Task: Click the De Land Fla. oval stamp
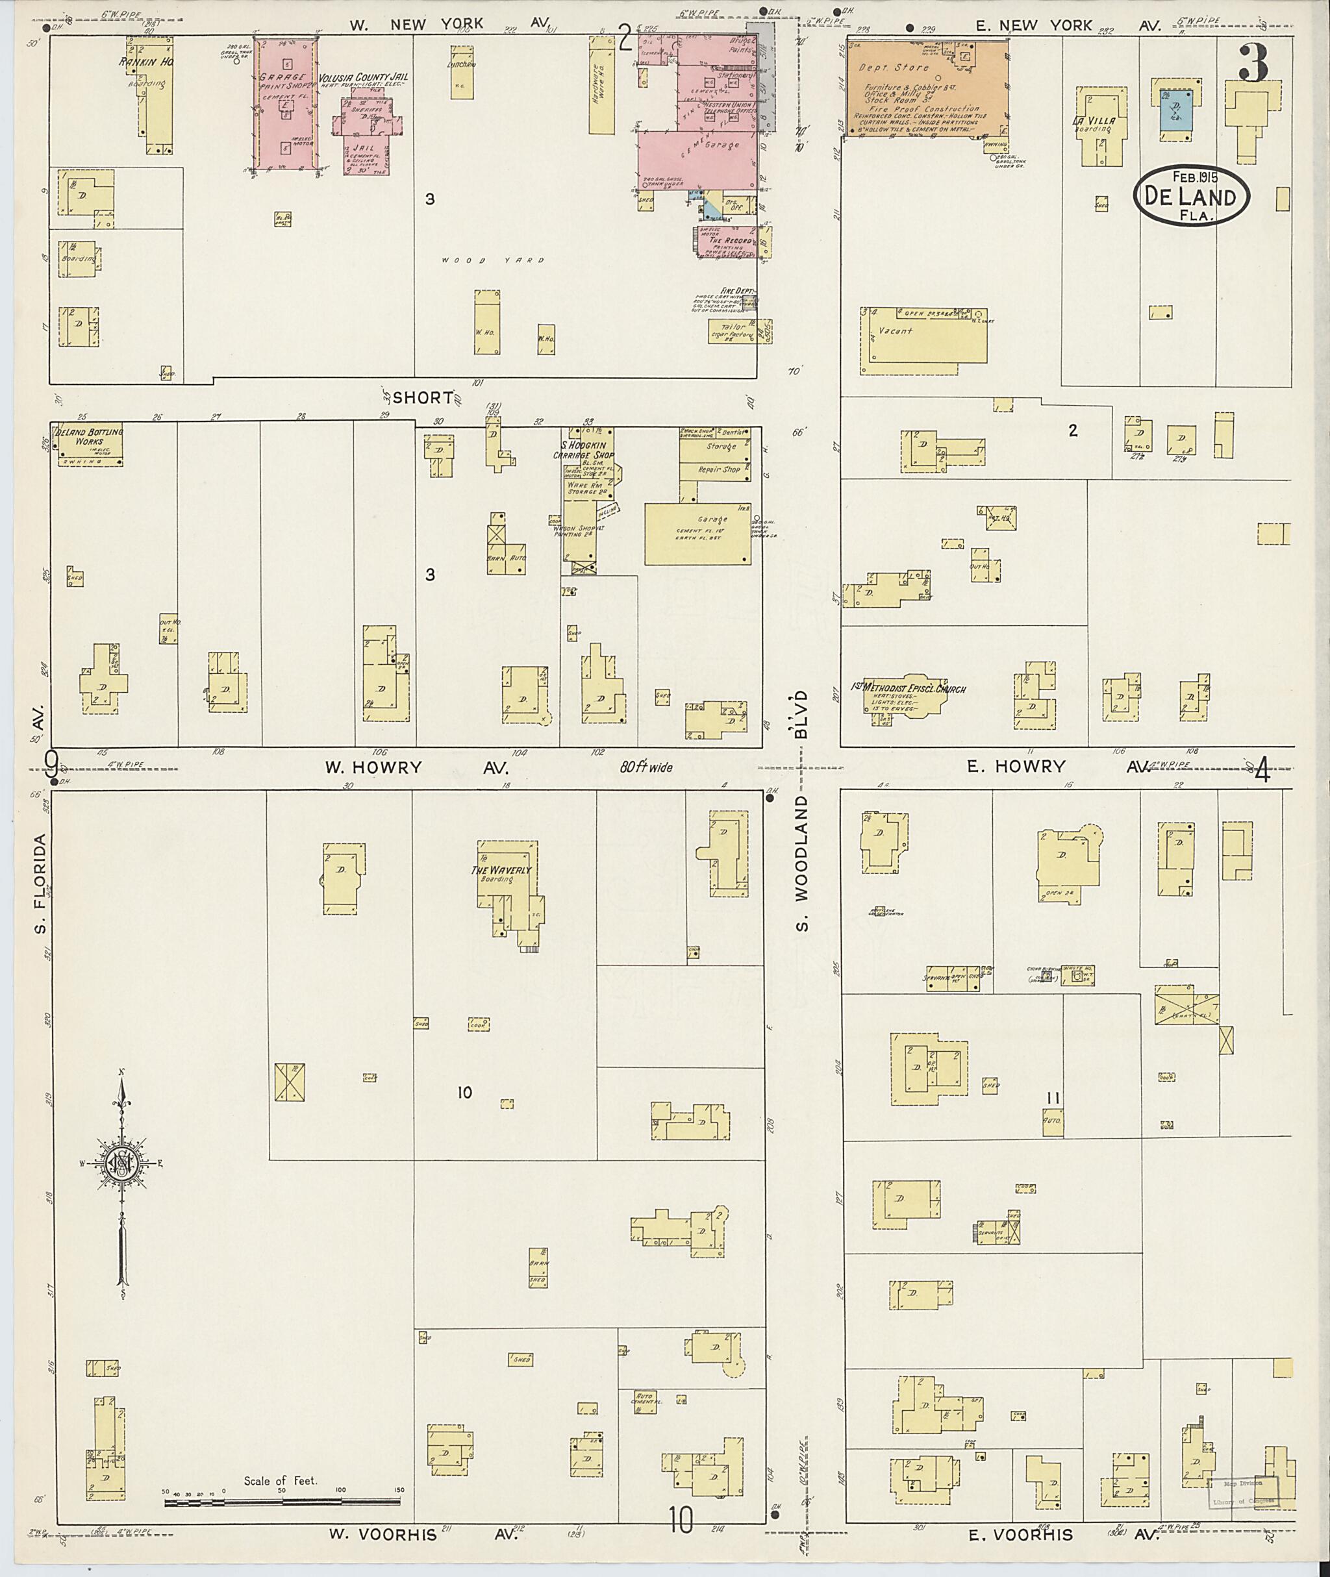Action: pos(1191,195)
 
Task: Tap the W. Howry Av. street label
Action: pos(416,767)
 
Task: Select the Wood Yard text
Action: pos(492,260)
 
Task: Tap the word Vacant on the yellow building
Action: pos(895,330)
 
